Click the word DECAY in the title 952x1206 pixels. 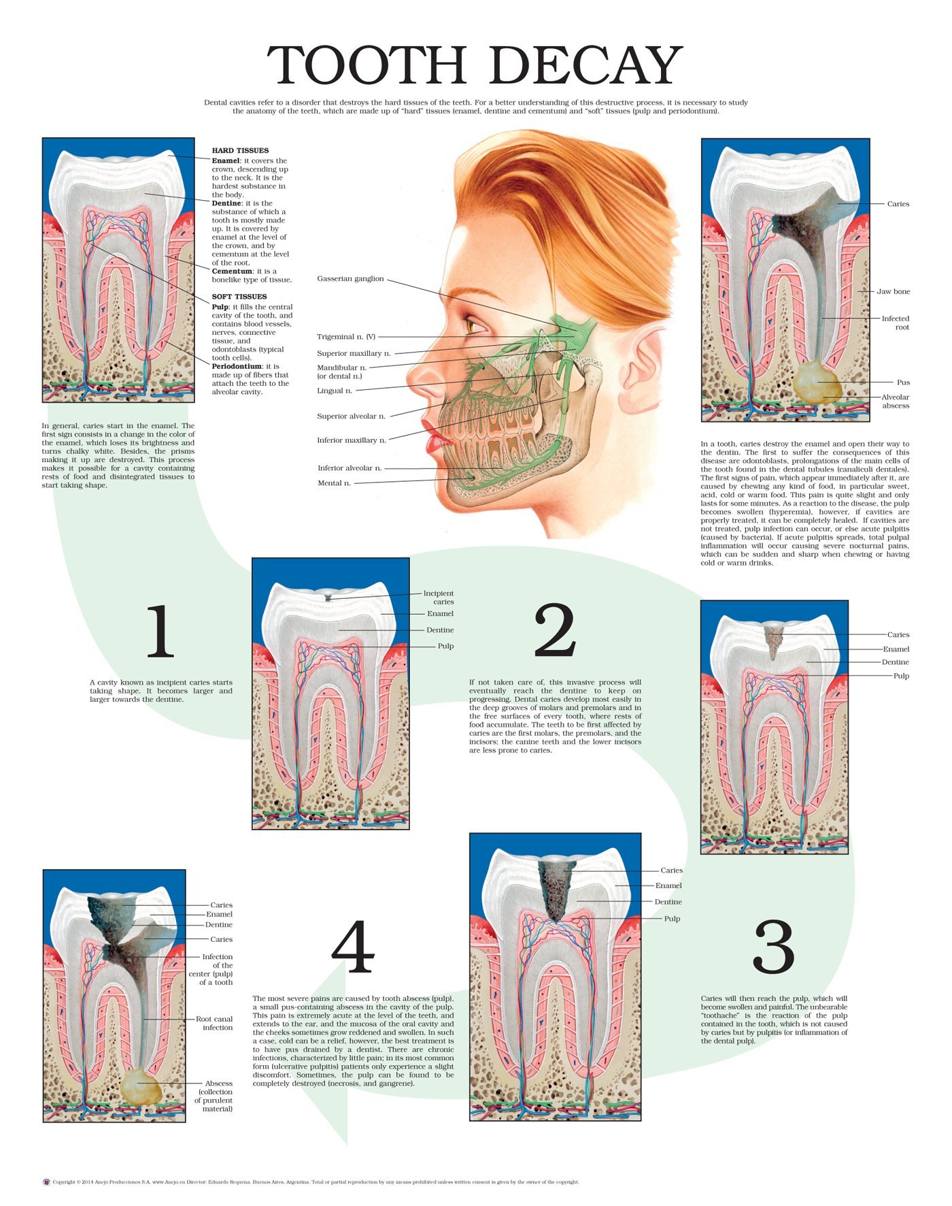[x=585, y=66]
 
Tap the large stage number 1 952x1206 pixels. [x=160, y=632]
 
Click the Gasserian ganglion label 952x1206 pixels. [x=350, y=279]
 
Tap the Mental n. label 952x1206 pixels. [x=335, y=483]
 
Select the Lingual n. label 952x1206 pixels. [x=335, y=391]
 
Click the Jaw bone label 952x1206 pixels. [x=893, y=291]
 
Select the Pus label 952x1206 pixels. [x=903, y=382]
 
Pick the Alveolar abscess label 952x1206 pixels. [x=895, y=402]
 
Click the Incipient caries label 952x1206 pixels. [x=439, y=598]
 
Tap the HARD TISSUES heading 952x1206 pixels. [x=240, y=150]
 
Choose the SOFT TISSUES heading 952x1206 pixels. [x=239, y=297]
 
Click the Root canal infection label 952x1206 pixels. [x=214, y=1023]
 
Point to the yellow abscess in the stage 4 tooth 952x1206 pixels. [x=141, y=1087]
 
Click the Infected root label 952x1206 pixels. [x=895, y=323]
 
